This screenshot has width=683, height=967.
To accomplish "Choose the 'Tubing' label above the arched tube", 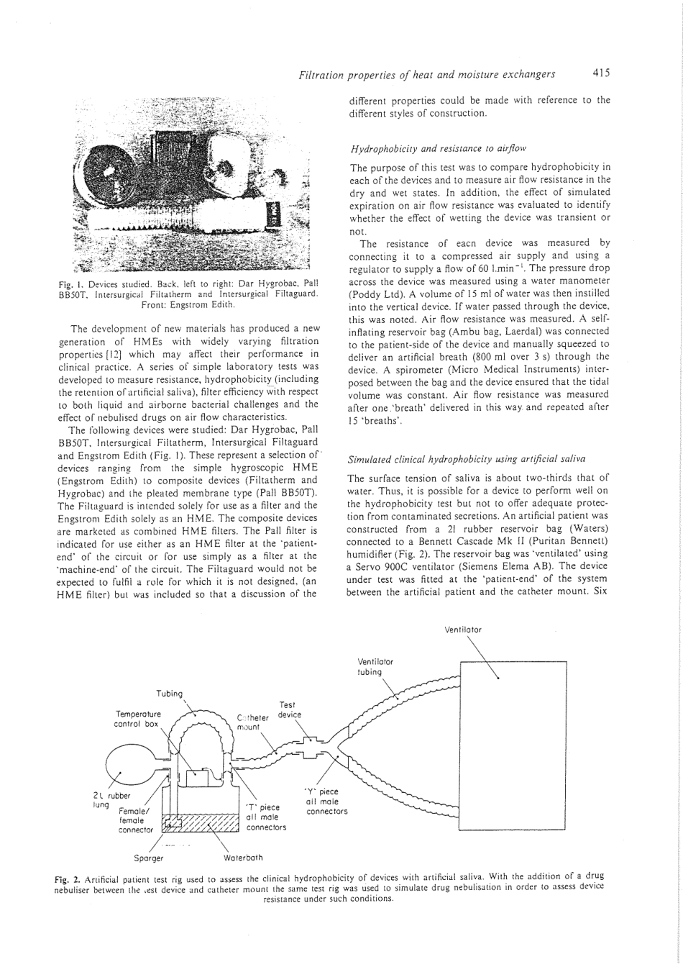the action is coord(170,694).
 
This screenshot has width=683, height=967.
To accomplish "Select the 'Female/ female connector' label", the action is coord(136,820).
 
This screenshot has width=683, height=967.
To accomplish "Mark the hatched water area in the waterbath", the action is coord(201,823).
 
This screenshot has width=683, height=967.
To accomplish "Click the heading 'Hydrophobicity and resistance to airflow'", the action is coord(439,149).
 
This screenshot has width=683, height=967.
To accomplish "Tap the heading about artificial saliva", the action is coord(467,460).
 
